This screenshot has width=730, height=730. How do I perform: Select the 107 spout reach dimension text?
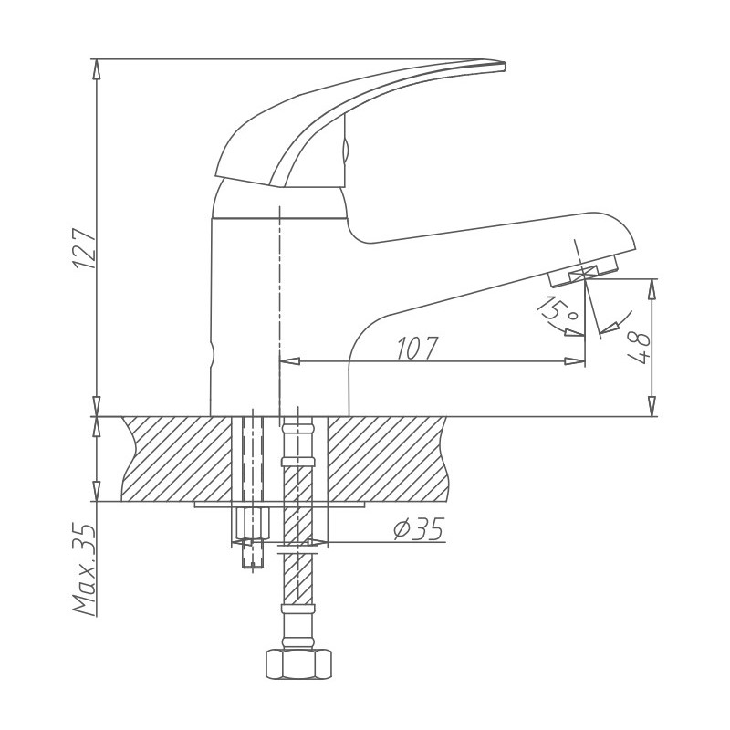(x=418, y=348)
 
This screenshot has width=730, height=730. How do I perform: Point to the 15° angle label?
(x=558, y=310)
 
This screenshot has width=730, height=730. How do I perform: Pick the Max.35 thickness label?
(x=84, y=569)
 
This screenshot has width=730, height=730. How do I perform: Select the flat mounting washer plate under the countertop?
(x=279, y=503)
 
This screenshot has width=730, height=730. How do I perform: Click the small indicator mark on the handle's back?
(x=345, y=146)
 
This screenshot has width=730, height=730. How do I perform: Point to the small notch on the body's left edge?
(x=212, y=352)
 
